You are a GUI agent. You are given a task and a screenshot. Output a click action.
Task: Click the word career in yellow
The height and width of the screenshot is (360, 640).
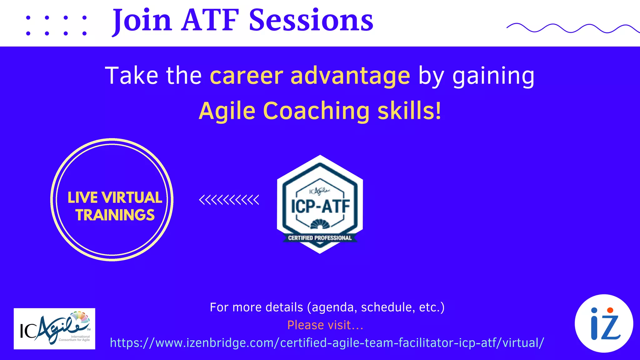pos(247,76)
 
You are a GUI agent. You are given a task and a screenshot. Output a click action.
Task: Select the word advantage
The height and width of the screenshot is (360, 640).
pos(350,76)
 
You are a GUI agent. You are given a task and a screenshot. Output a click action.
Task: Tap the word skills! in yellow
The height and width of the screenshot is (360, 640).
pos(409,111)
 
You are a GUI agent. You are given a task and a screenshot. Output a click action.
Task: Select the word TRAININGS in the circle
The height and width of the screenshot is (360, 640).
pos(115,215)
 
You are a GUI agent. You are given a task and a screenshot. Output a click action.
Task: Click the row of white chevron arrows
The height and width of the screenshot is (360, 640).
pos(229,200)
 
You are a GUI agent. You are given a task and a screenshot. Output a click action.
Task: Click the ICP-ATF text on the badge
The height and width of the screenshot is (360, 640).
pos(320,206)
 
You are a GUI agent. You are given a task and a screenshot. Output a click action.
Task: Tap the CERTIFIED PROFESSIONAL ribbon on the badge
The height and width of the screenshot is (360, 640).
pos(320,238)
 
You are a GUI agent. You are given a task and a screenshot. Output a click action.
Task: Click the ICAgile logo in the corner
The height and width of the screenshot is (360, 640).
pos(54,328)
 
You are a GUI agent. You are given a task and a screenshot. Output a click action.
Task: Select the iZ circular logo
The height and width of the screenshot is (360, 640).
pos(604,323)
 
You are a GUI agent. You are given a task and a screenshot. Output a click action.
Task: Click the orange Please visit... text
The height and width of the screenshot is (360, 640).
pos(325,325)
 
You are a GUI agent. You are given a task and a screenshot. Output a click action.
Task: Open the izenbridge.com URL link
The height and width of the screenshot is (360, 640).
pos(327,343)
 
